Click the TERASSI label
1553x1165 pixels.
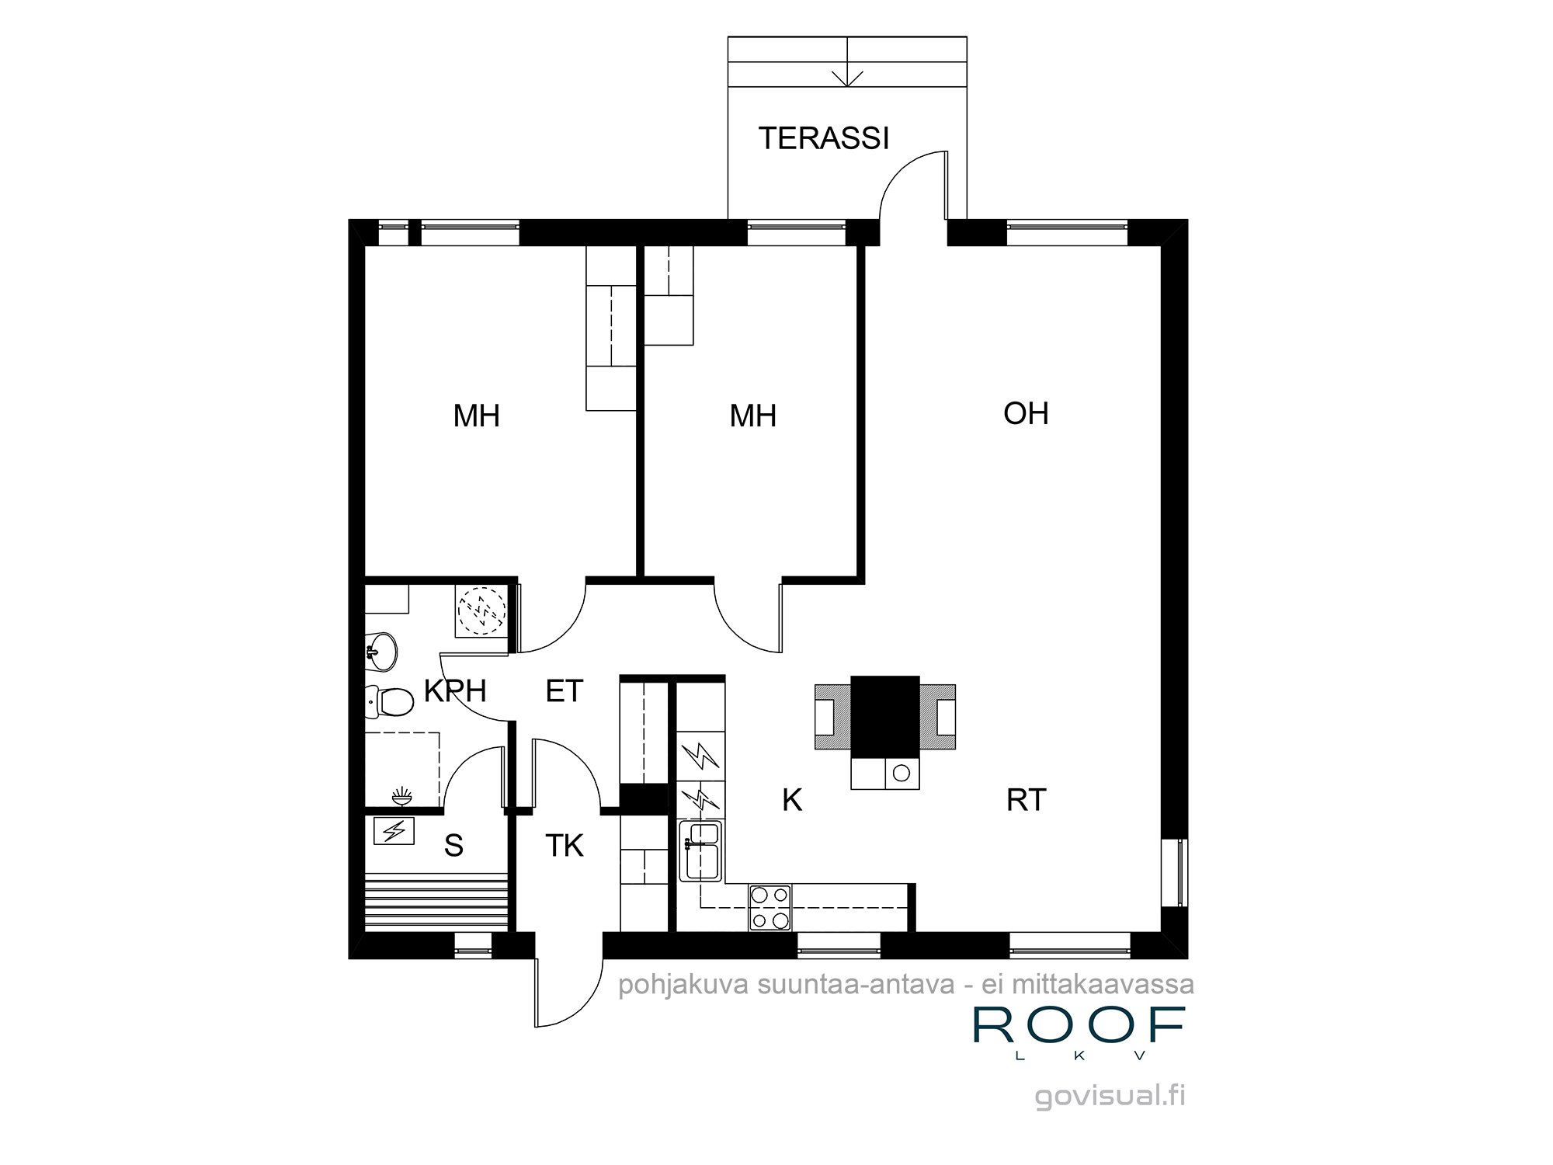(x=824, y=138)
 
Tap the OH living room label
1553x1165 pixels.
(x=1026, y=413)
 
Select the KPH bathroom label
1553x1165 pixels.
(x=455, y=690)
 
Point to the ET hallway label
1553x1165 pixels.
(x=564, y=690)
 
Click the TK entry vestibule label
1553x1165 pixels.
(x=564, y=846)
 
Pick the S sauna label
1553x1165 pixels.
(x=453, y=846)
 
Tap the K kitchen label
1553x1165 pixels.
(x=791, y=799)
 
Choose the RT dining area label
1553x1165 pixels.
(x=1026, y=799)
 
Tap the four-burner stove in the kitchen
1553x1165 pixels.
(x=770, y=908)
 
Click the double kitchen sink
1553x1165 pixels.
(x=700, y=851)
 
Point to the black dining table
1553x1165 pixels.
(x=885, y=716)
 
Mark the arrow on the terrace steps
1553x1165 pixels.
(x=847, y=78)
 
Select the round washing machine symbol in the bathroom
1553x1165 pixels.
(x=481, y=611)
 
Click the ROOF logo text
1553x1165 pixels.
(x=1079, y=1026)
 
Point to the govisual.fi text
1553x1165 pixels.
(x=1110, y=1096)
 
